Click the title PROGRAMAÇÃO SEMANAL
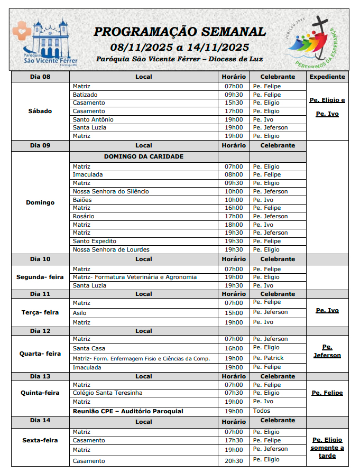[180, 32]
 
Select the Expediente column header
[327, 77]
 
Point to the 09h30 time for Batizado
[234, 95]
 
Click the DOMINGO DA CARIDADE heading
[144, 156]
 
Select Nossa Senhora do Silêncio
[110, 191]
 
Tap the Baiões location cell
[82, 200]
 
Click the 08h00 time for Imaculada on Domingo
[234, 174]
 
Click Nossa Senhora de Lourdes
[111, 249]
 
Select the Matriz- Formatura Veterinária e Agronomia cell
[134, 277]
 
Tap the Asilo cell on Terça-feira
[79, 312]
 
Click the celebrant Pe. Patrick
[268, 358]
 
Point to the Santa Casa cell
[89, 348]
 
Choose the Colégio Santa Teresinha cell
[107, 393]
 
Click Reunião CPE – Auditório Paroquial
[128, 411]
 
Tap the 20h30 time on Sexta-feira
[234, 460]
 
